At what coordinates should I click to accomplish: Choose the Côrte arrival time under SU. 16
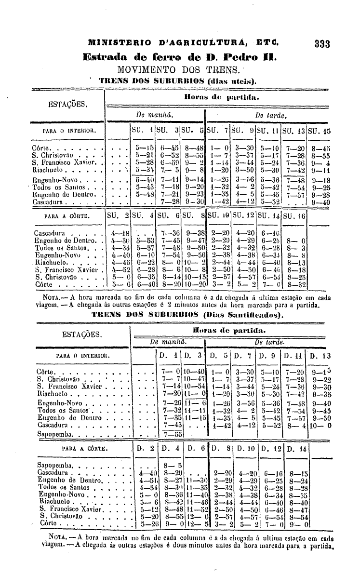[295, 285]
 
